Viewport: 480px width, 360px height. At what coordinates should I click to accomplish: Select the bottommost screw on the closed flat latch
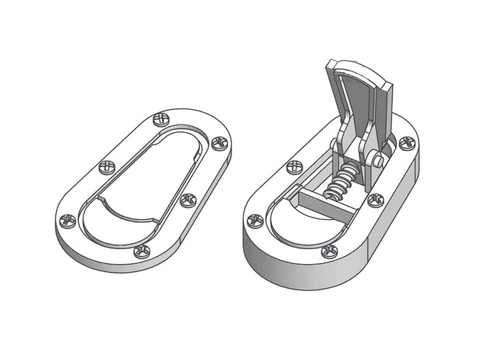(x=142, y=251)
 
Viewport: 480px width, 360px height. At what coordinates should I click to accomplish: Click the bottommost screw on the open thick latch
(x=329, y=251)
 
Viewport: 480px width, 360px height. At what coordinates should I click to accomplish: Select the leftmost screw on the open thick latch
(x=254, y=220)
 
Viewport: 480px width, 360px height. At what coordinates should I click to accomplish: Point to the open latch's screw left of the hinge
(x=295, y=166)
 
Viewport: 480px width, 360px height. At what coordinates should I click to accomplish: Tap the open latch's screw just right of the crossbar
(x=375, y=199)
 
